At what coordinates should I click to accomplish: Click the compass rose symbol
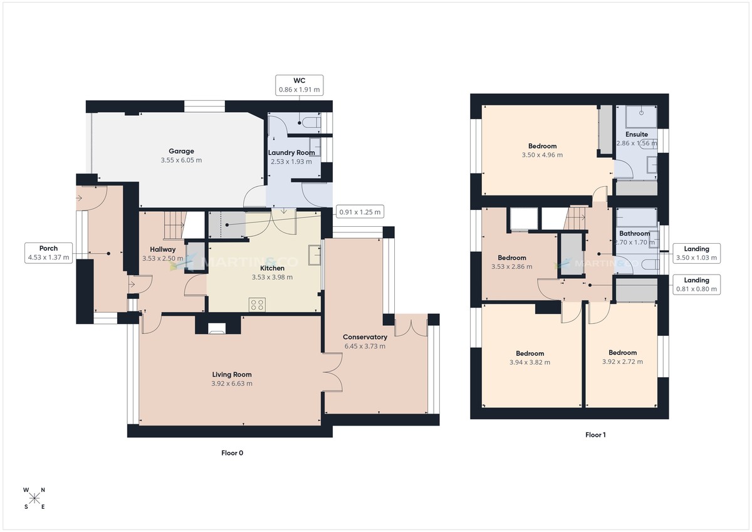tap(34, 499)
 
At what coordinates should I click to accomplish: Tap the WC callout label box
tap(299, 85)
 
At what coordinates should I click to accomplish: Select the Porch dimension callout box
tap(49, 253)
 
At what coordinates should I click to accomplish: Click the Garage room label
tap(181, 151)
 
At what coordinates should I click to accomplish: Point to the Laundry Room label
tap(291, 153)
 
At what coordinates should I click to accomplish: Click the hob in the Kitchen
tap(257, 305)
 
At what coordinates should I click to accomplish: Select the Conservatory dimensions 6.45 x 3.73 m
tap(365, 346)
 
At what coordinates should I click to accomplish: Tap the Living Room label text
tap(232, 375)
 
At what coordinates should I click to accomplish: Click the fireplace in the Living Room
tap(218, 326)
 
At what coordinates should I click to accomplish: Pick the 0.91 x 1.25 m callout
tap(360, 212)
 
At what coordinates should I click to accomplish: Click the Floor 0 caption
tap(232, 453)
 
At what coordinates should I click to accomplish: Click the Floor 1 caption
tap(595, 434)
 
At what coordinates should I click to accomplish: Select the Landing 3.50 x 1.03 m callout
tap(697, 253)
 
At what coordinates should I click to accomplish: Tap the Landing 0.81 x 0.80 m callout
tap(697, 284)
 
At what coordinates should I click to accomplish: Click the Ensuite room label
tap(637, 135)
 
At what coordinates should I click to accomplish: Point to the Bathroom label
tap(635, 234)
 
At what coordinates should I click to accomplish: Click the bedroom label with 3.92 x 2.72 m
tap(622, 353)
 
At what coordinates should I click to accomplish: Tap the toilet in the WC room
tap(311, 121)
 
